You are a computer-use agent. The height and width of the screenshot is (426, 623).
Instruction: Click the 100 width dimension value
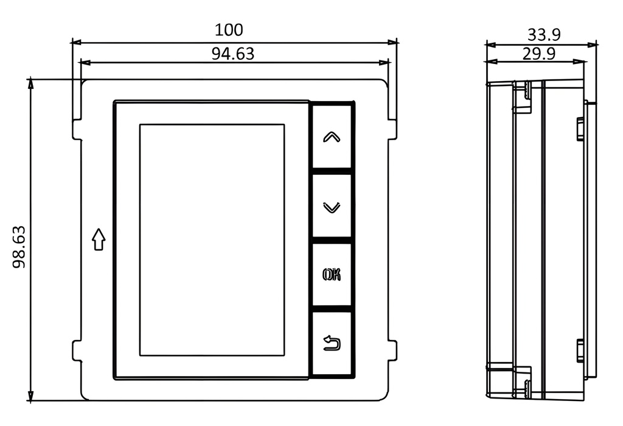(229, 30)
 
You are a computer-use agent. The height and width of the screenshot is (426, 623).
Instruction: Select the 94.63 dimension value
(232, 54)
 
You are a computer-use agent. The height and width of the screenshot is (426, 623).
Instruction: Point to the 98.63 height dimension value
(19, 247)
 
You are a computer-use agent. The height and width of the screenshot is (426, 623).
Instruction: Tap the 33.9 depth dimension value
(544, 35)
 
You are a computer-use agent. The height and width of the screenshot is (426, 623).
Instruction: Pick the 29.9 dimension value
(539, 54)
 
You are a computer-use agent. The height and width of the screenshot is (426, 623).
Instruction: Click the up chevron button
(332, 137)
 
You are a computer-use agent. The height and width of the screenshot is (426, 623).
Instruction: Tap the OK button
(332, 275)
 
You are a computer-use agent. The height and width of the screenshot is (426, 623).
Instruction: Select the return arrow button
(332, 343)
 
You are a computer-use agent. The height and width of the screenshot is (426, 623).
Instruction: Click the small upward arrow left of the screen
(99, 239)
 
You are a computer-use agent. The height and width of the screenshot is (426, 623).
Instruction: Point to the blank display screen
(212, 240)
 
